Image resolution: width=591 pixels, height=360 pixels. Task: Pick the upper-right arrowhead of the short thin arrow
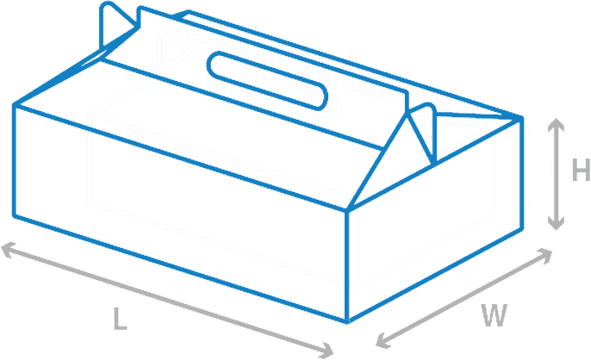[x=514, y=232]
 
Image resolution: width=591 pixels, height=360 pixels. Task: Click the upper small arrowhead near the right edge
[x=522, y=131]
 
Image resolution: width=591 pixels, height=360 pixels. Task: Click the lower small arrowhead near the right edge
[x=522, y=207]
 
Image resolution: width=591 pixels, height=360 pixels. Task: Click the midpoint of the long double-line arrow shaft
[x=212, y=269]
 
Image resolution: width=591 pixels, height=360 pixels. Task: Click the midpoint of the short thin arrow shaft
[x=449, y=267]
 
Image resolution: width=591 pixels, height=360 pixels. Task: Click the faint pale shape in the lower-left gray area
[x=103, y=332]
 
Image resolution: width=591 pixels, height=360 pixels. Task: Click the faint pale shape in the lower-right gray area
[x=508, y=319]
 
